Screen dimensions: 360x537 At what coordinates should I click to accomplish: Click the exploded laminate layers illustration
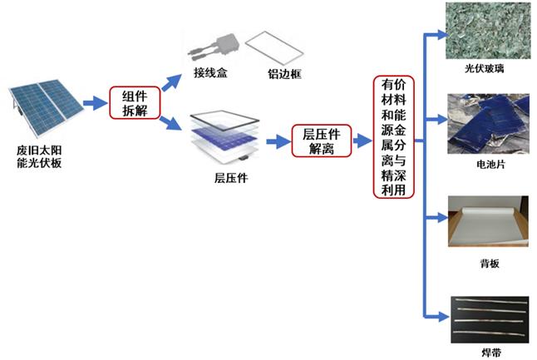[x=226, y=136]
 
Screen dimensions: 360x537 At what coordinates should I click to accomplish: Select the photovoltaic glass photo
[x=485, y=32]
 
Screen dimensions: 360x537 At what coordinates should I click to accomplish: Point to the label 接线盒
[x=211, y=74]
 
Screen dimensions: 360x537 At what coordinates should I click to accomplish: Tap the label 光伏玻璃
[x=485, y=69]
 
